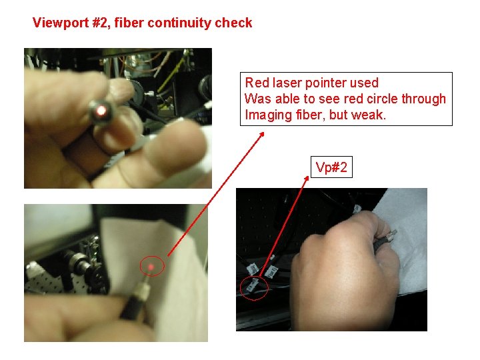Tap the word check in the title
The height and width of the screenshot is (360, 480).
click(233, 23)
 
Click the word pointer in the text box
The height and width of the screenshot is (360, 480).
click(327, 83)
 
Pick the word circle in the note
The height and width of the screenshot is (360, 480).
click(383, 99)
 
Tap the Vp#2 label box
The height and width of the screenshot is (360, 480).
click(331, 167)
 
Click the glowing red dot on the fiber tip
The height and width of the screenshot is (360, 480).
click(101, 110)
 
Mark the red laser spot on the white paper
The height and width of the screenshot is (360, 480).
click(151, 267)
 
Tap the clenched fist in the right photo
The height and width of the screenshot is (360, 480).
click(343, 269)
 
